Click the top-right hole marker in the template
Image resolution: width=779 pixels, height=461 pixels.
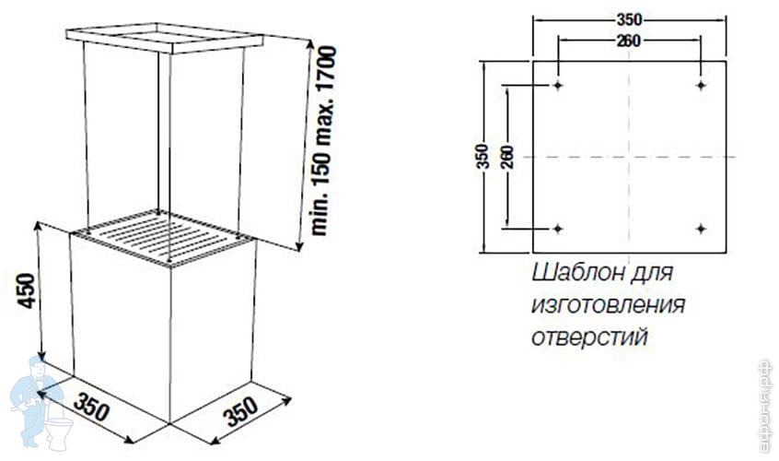[x=702, y=86]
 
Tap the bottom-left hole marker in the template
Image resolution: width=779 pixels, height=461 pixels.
[x=559, y=228]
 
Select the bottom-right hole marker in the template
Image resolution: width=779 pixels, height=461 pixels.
[x=702, y=228]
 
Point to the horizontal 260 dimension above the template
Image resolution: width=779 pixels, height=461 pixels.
[x=630, y=40]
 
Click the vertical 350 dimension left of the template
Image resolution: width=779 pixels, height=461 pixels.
[x=482, y=158]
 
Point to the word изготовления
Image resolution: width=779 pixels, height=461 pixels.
[x=608, y=306]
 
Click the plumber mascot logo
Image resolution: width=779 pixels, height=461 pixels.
[x=37, y=401]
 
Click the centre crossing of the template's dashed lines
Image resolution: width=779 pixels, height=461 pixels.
[x=630, y=158]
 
